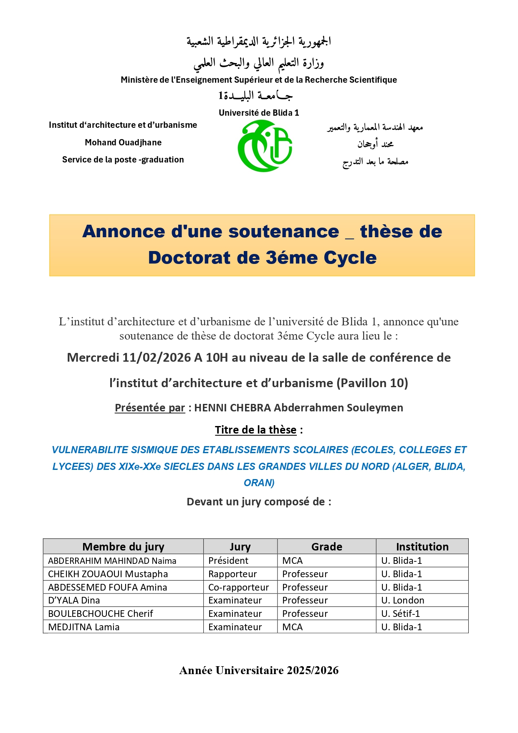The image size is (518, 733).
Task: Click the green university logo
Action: [x=265, y=146]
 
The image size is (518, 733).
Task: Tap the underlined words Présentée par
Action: [x=150, y=408]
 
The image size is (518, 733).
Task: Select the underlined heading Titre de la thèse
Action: [x=255, y=430]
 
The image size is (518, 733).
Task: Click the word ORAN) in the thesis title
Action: [x=259, y=483]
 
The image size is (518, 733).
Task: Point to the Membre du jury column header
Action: [x=123, y=547]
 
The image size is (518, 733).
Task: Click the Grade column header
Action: [x=326, y=547]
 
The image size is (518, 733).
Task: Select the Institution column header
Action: [x=422, y=547]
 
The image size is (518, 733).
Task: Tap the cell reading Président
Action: [x=228, y=561]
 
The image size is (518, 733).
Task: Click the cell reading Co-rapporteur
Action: [x=239, y=587]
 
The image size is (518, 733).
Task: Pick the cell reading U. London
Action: [x=402, y=601]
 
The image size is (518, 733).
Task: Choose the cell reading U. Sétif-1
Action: [x=400, y=614]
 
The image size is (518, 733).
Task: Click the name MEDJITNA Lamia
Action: [x=84, y=627]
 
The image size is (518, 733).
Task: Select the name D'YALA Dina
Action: [x=74, y=601]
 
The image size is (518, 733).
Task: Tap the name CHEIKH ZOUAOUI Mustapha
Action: [x=108, y=574]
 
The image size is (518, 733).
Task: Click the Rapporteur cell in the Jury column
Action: [x=232, y=574]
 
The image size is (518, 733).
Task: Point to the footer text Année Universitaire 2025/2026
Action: [x=259, y=670]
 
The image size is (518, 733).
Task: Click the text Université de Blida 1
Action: [x=259, y=113]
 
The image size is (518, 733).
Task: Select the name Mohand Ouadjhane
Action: [x=123, y=142]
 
